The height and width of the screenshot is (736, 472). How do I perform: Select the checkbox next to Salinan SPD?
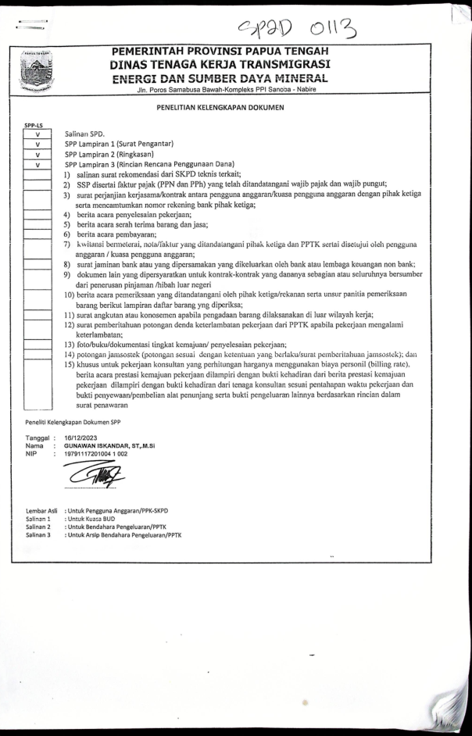27,135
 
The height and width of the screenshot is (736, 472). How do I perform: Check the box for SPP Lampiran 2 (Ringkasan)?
27,155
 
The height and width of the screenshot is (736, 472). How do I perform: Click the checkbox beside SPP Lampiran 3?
27,165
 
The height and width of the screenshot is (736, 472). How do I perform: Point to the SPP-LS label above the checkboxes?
24,126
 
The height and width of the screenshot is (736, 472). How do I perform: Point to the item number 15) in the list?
69,364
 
